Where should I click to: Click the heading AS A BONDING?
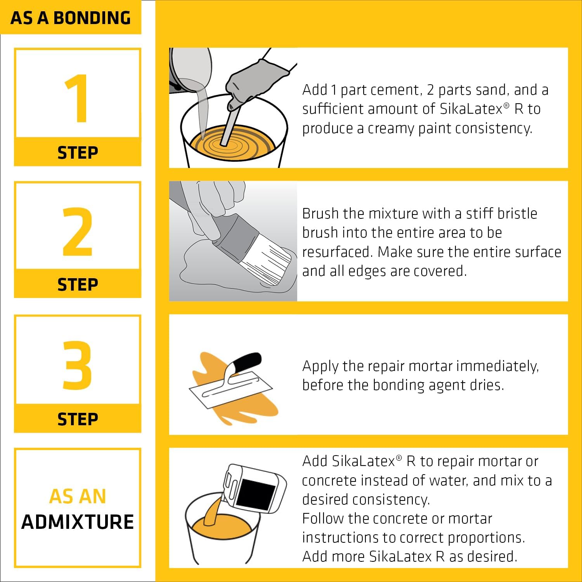point(71,18)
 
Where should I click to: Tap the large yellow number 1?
point(78,99)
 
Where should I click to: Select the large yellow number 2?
point(78,232)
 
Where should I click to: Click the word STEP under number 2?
point(78,285)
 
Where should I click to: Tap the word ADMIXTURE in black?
point(78,522)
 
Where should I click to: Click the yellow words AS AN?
point(78,496)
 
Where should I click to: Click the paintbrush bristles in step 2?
point(268,264)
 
